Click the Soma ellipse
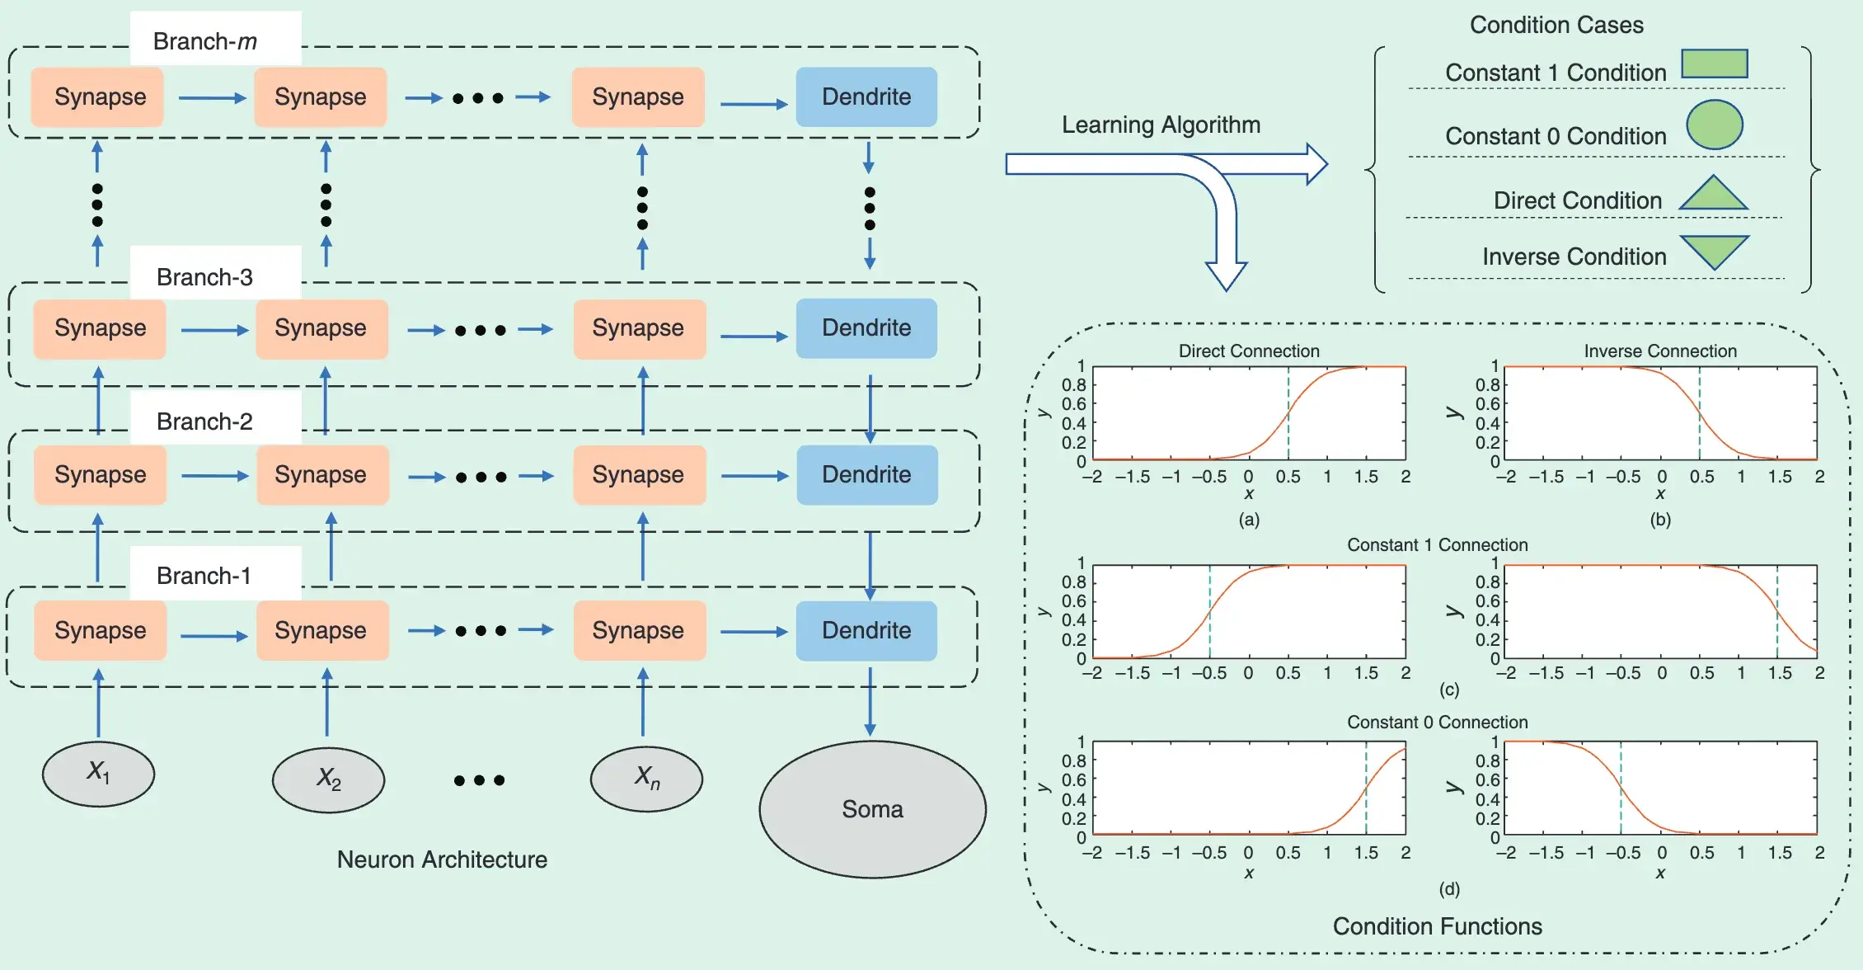[x=872, y=809]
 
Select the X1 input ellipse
[x=98, y=773]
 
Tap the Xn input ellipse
[x=646, y=778]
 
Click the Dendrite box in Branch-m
[x=866, y=97]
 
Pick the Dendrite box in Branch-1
[x=866, y=630]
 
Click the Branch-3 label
[x=204, y=277]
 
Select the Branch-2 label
[x=204, y=421]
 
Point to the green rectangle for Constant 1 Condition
[x=1714, y=64]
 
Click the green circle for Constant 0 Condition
[x=1714, y=125]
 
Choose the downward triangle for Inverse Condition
[x=1714, y=250]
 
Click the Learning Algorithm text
[x=1161, y=125]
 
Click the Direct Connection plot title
[x=1248, y=351]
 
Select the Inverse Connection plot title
[x=1659, y=351]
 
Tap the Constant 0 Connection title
[x=1437, y=722]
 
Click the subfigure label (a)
[x=1248, y=520]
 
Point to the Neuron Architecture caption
[x=442, y=859]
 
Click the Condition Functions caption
[x=1437, y=926]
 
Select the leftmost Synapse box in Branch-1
[x=100, y=630]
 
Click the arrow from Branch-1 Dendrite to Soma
[x=870, y=701]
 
